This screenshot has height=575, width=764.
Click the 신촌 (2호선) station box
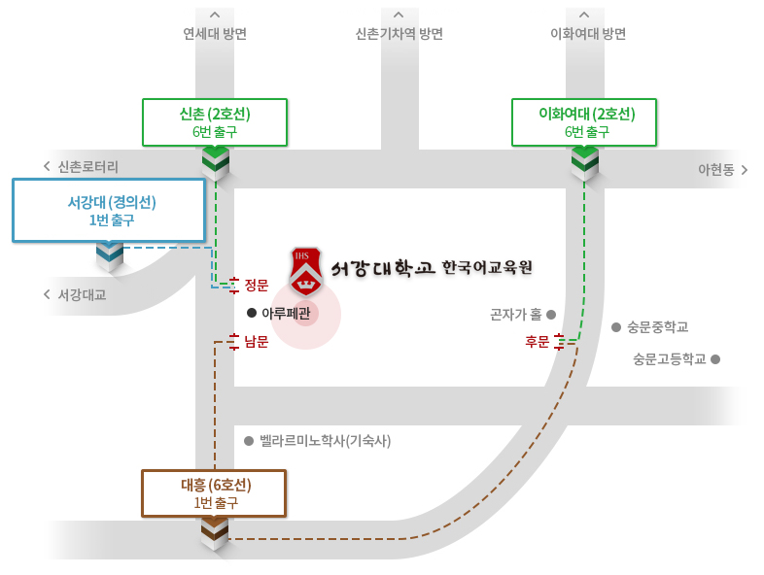click(215, 122)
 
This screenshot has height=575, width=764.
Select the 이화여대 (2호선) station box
click(586, 122)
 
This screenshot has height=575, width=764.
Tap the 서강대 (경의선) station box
click(109, 210)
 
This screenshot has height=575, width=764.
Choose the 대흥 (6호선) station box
click(214, 493)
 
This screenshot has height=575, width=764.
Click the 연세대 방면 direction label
click(215, 34)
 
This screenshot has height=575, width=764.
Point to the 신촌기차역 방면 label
click(399, 34)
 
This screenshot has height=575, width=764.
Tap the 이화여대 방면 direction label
click(588, 34)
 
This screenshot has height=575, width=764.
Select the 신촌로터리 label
click(87, 167)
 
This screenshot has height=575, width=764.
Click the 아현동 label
click(715, 169)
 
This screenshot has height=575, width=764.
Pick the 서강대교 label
click(82, 294)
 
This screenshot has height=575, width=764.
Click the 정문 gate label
click(256, 285)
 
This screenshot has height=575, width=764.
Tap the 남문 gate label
click(256, 341)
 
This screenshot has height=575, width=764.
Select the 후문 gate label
click(537, 341)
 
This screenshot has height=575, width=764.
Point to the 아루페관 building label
click(286, 313)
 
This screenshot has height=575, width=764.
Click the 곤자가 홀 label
click(516, 315)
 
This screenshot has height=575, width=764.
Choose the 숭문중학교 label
click(657, 327)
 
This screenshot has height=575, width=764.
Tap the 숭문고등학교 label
click(669, 358)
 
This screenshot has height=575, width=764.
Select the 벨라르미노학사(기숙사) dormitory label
click(325, 441)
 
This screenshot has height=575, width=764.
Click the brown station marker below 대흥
click(214, 532)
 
